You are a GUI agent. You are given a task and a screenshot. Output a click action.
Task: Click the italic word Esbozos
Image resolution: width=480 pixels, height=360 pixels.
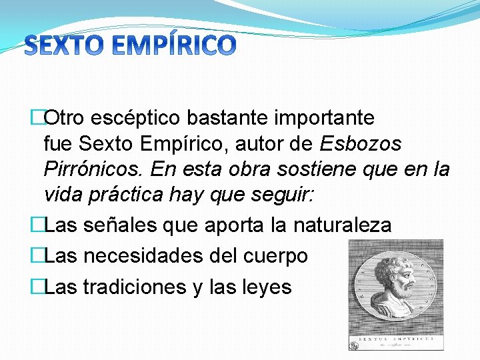361,144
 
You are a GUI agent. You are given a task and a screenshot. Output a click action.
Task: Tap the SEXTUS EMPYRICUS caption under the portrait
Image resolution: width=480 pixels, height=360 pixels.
396,339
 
